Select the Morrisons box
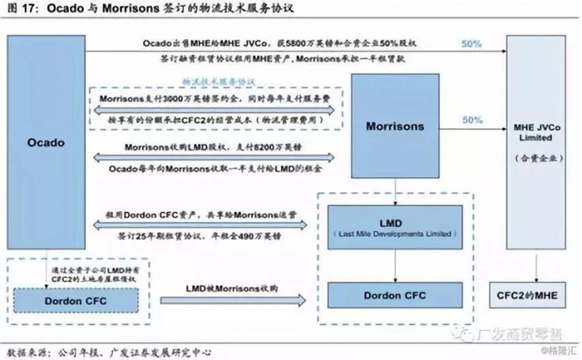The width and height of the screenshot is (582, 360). pyautogui.click(x=395, y=127)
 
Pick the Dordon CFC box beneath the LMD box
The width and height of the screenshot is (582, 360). pyautogui.click(x=395, y=295)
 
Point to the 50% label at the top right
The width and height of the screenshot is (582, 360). pyautogui.click(x=471, y=42)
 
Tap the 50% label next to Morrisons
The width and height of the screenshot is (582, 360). pyautogui.click(x=471, y=121)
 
